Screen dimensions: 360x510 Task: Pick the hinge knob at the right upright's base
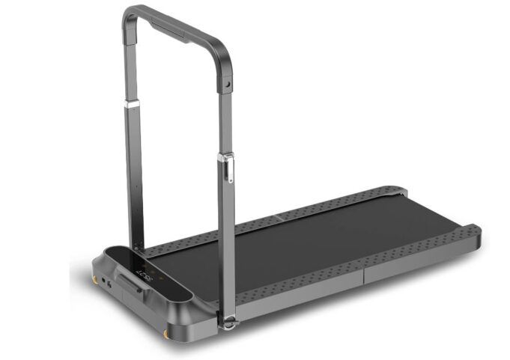coord(228,322)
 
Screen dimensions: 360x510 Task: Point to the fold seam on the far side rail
coord(279,217)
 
